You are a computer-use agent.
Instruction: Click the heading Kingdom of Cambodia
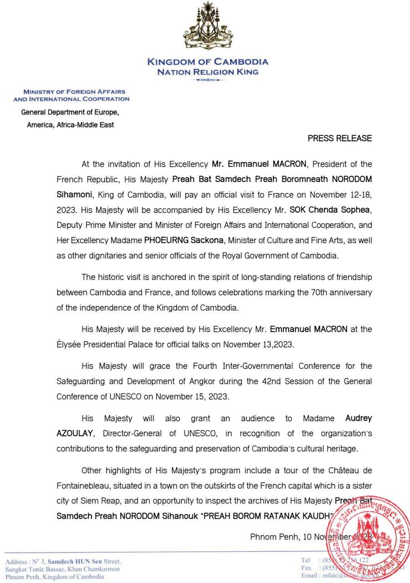208,62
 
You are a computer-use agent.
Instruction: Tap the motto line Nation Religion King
208,72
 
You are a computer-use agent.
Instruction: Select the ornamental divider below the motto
208,80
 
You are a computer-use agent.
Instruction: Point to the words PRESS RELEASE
340,138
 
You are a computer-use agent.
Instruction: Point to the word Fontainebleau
85,485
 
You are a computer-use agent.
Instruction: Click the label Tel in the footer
305,560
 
